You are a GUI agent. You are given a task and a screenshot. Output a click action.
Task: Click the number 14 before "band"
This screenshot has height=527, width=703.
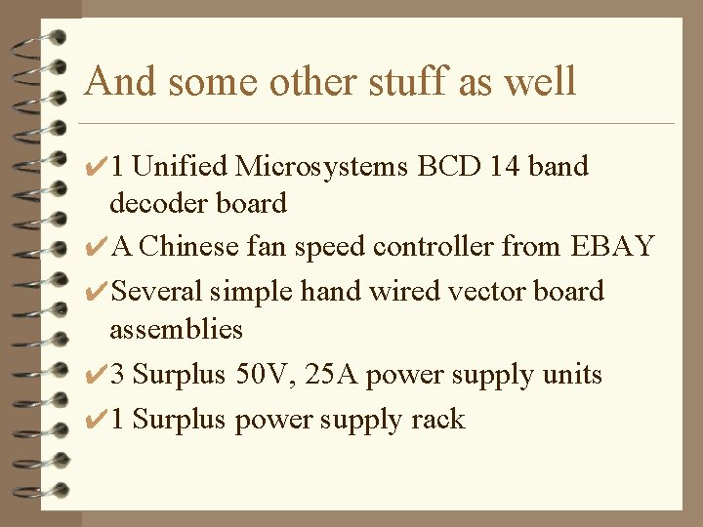(x=505, y=166)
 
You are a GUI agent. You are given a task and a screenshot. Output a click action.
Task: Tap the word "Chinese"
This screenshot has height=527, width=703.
(x=189, y=246)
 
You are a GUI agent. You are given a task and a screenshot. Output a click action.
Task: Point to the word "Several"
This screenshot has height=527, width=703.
(x=157, y=291)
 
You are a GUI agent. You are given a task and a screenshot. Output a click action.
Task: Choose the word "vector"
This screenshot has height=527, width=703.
(x=475, y=291)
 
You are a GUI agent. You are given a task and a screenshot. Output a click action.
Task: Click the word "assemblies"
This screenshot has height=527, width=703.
(x=176, y=329)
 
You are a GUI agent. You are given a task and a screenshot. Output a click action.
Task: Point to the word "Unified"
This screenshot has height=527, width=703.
(x=180, y=166)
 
